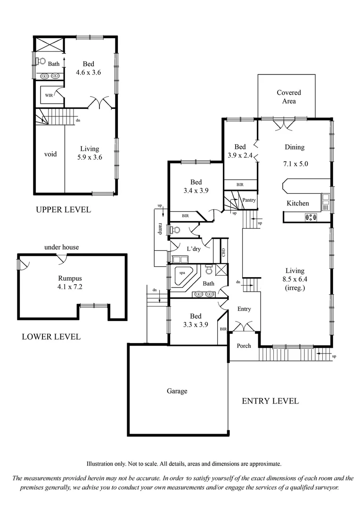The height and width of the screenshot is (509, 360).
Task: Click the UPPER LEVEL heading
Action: click(x=63, y=210)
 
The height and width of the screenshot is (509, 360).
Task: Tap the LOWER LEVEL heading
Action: click(x=51, y=337)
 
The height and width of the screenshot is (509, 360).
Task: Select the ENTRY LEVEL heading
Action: click(x=270, y=401)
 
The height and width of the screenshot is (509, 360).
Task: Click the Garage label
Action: click(x=177, y=391)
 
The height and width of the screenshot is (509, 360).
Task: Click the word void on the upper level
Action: click(x=50, y=154)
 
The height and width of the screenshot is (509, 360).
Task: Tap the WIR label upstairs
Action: click(x=49, y=95)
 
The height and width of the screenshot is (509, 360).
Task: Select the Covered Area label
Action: click(x=288, y=97)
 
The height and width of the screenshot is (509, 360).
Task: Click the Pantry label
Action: click(x=249, y=200)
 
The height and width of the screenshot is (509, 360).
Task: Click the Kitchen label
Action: click(x=298, y=203)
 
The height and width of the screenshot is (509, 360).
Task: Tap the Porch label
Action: click(x=244, y=345)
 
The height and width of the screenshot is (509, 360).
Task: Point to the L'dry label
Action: click(x=194, y=248)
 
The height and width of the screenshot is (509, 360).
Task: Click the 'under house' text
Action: click(x=61, y=247)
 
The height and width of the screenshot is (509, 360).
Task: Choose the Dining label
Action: click(x=295, y=147)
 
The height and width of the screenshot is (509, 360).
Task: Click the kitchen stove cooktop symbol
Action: click(x=311, y=217)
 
